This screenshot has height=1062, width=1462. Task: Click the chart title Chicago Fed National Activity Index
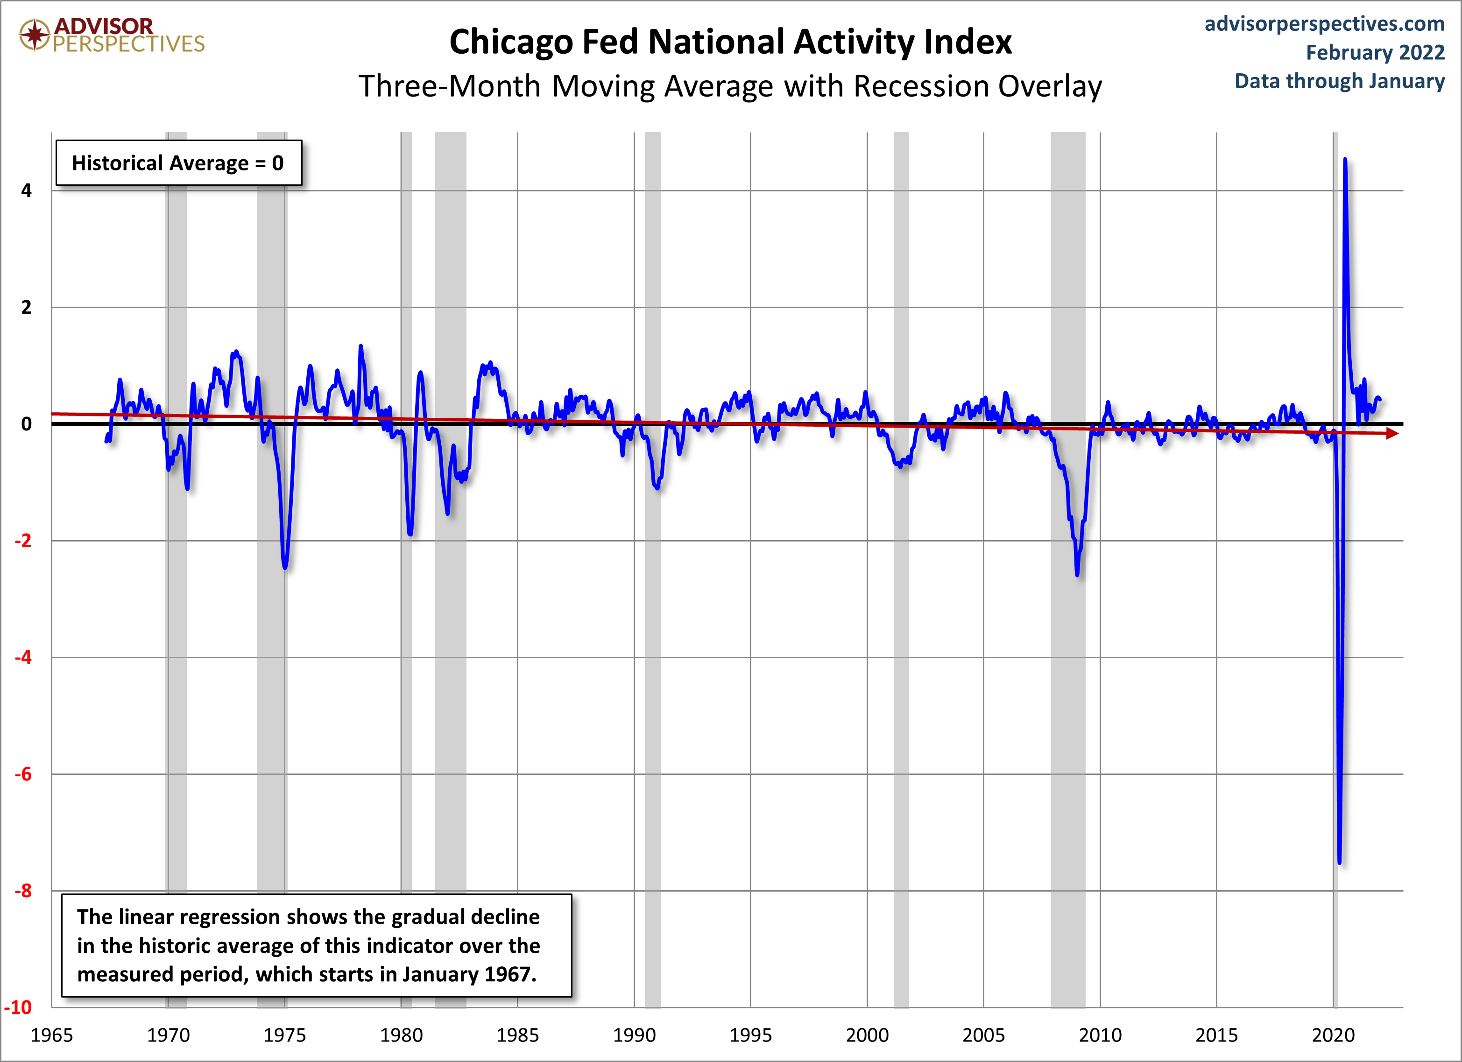(x=730, y=42)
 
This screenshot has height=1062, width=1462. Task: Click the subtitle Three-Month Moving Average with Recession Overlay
(x=730, y=86)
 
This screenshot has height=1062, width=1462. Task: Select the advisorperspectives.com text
(x=1325, y=23)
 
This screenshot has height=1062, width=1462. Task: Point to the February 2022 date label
(x=1376, y=52)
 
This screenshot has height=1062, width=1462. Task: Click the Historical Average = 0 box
(x=178, y=163)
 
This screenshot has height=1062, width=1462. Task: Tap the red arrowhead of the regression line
(x=1391, y=434)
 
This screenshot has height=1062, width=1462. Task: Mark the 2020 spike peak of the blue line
(x=1345, y=159)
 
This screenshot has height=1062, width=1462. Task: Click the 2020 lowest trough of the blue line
(x=1340, y=862)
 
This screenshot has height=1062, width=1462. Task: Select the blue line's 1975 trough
(x=285, y=567)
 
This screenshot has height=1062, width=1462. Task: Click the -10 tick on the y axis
(x=18, y=1007)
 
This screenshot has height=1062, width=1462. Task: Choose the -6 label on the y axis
(x=23, y=774)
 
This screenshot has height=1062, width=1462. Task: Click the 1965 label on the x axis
(x=52, y=1035)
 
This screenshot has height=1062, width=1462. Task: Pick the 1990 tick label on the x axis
(x=634, y=1035)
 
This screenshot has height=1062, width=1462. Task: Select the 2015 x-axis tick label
(x=1217, y=1035)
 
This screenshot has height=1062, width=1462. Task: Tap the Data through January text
(x=1340, y=81)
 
